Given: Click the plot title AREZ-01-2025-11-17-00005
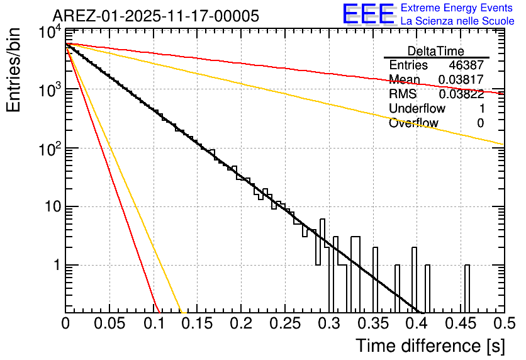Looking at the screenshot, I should pos(155,16).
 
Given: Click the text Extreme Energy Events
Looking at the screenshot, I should pos(457,8).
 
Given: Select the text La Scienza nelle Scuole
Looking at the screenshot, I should pos(457,21).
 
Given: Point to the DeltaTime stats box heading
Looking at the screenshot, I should pos(436,51).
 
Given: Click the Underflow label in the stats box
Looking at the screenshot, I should pos(417,109).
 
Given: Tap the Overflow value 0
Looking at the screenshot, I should pos(480,123).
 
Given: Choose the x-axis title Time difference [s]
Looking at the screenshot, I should pos(429,346).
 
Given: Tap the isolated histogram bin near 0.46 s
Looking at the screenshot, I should pos(467,288).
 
